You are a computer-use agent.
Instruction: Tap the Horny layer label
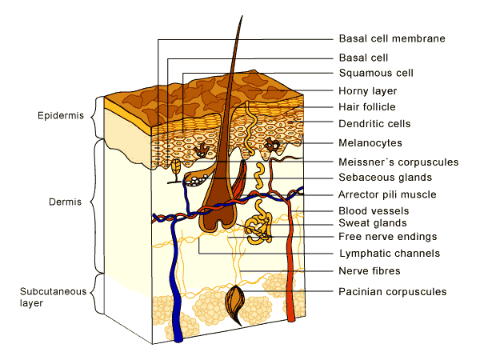368,91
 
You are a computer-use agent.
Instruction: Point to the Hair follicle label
367,107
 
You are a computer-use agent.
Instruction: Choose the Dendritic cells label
374,124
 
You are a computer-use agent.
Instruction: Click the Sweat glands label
372,223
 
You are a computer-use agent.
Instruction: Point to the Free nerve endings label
387,237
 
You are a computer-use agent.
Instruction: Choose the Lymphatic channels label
389,254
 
